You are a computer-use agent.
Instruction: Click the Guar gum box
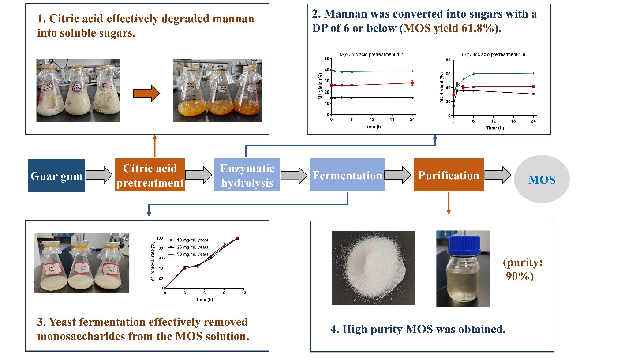[56, 176]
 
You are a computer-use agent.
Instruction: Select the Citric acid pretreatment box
[150, 175]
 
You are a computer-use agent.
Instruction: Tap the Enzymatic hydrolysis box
[247, 175]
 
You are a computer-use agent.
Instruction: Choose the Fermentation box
[347, 175]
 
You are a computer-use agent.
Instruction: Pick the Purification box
[449, 175]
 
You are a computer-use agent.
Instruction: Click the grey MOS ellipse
[542, 180]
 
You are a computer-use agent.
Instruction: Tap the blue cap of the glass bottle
[463, 242]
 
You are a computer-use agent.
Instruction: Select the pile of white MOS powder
[373, 269]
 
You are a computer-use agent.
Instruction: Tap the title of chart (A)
[372, 54]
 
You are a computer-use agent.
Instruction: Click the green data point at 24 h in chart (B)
[533, 73]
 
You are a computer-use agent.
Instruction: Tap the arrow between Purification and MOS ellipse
[498, 176]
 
